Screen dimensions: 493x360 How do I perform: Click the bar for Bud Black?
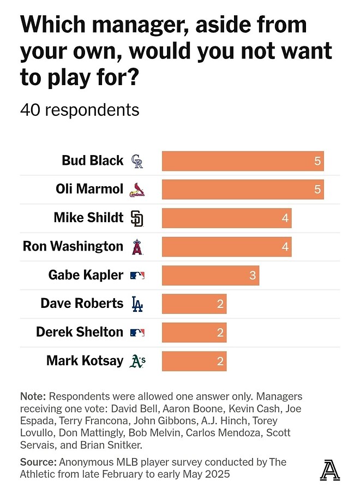(x=243, y=161)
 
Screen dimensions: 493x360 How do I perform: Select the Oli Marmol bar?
(x=243, y=189)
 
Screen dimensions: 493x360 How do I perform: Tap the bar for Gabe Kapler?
(x=211, y=275)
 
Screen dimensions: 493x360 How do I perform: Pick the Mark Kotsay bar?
(x=194, y=361)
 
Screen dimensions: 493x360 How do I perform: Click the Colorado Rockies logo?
(x=137, y=161)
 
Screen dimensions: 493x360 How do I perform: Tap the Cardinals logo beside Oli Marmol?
(x=137, y=190)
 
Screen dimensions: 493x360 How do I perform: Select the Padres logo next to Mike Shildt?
(x=137, y=218)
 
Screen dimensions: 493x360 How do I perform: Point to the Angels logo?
(x=137, y=247)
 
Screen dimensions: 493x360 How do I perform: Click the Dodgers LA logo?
(x=137, y=304)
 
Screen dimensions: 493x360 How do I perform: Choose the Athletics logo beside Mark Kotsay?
(x=137, y=361)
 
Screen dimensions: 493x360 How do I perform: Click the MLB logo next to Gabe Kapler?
(x=137, y=276)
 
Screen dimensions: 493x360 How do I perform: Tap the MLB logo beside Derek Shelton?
(x=137, y=332)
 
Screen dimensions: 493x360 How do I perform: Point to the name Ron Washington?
(x=73, y=246)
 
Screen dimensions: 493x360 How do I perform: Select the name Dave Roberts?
(x=82, y=303)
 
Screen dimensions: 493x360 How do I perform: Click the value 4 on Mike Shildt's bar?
(x=285, y=218)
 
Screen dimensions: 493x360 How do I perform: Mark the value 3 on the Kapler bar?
(x=253, y=275)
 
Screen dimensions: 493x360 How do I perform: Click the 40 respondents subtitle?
(x=80, y=110)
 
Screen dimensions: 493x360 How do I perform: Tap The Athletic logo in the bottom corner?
(x=329, y=470)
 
